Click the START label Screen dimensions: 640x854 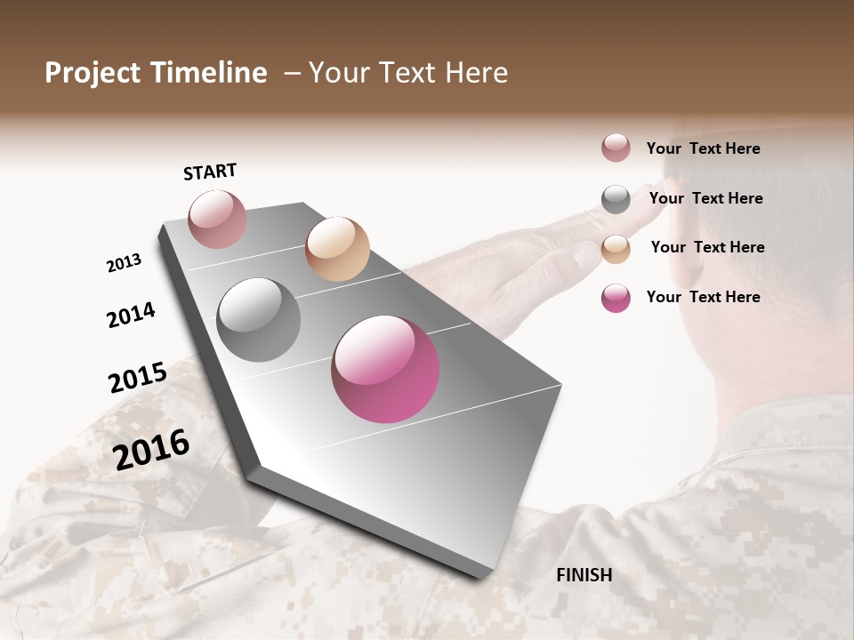point(210,171)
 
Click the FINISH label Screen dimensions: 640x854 point(584,575)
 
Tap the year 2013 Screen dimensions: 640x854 point(124,263)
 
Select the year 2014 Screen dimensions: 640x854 point(131,315)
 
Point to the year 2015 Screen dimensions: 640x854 point(138,377)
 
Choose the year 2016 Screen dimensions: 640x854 point(151,449)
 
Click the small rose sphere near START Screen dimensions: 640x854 point(217,219)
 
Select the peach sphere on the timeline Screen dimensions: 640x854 point(337,248)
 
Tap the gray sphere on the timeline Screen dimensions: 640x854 point(259,319)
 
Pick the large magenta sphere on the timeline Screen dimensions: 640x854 point(385,368)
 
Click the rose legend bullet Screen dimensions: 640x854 point(616,148)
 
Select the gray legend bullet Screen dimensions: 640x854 point(616,198)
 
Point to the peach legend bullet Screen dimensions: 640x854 point(616,248)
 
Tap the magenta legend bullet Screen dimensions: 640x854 point(616,298)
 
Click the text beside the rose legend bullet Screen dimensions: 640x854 point(703,148)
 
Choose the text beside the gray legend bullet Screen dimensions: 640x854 point(705,198)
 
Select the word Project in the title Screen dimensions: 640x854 point(93,73)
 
